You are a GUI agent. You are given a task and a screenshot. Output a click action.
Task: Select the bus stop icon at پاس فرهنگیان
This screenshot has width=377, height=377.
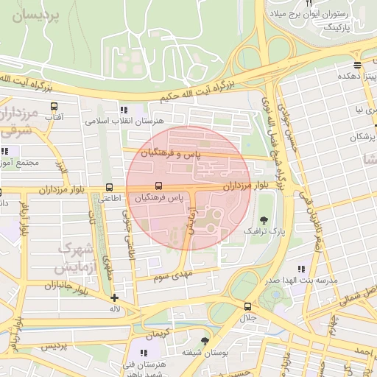pos(158,187)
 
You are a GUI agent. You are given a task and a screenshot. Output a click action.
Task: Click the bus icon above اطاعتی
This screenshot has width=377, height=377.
pos(110,187)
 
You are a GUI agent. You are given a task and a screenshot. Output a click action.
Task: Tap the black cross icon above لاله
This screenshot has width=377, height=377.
pos(114,298)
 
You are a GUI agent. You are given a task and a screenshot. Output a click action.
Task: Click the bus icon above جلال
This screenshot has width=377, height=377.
pos(247,306)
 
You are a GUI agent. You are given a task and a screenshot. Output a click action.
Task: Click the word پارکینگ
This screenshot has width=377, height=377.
pos(339,26)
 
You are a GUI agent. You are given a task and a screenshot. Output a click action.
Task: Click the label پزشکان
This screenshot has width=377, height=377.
pos(362,138)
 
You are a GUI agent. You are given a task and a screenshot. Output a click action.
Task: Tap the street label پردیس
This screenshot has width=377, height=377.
pos(53,345)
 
